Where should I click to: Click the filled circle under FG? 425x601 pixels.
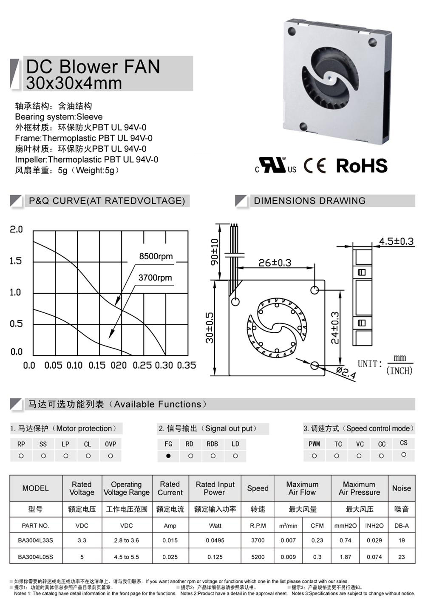click(x=168, y=456)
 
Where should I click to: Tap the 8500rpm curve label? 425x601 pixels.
click(x=156, y=256)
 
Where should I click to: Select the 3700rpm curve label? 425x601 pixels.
click(x=155, y=278)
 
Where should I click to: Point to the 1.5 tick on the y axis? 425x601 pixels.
click(x=16, y=261)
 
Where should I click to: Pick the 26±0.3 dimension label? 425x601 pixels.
click(x=275, y=263)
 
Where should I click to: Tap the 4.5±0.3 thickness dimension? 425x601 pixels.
click(x=396, y=241)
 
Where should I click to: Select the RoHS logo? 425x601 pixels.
click(x=362, y=165)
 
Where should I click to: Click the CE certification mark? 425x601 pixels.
click(x=315, y=165)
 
